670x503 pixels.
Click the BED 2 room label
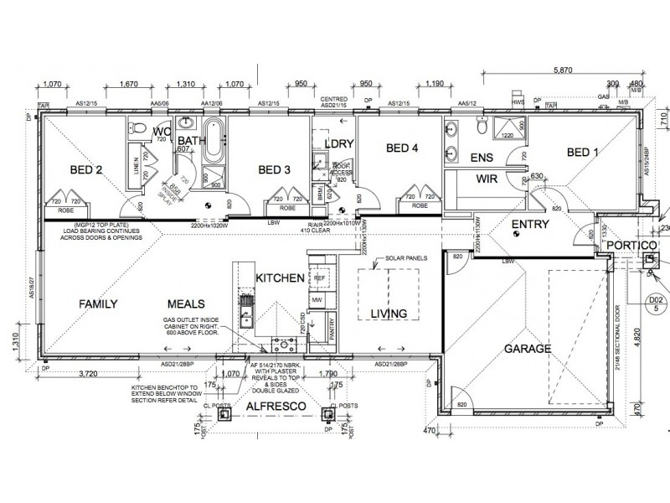tap(86, 170)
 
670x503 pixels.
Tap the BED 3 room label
tap(274, 170)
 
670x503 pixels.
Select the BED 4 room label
tap(402, 148)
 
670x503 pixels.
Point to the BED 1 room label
tap(583, 152)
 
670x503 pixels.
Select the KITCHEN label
tap(279, 277)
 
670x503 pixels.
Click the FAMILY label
tap(98, 304)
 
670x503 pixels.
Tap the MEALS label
tap(187, 304)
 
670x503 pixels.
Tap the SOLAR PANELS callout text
tap(405, 259)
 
